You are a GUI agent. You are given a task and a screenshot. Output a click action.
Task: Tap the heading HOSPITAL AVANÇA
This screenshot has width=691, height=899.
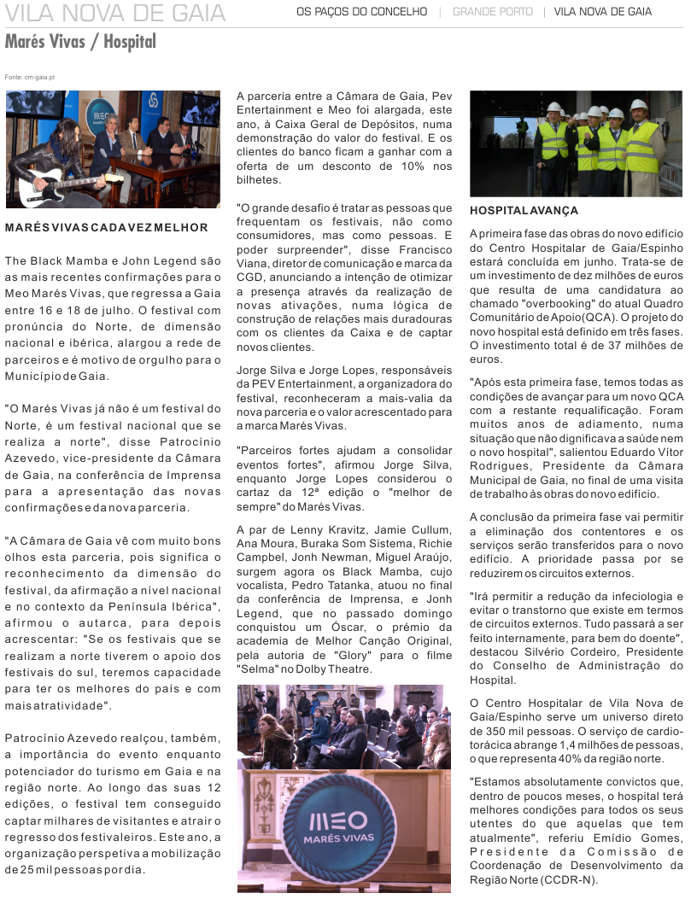tap(524, 210)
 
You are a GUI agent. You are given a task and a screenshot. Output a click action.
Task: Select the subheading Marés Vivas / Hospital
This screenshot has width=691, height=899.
tap(80, 41)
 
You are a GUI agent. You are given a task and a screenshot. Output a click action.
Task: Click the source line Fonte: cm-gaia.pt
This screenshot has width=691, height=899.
tap(30, 77)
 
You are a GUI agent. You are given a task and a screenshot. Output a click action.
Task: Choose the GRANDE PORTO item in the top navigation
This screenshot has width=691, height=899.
tap(492, 12)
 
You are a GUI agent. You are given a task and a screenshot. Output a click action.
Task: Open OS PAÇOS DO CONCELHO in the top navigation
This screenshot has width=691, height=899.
tap(361, 12)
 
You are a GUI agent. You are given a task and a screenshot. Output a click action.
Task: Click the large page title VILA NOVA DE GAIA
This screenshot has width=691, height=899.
tap(115, 13)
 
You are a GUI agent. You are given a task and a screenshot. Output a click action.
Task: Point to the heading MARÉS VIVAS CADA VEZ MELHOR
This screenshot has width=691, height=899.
tap(107, 228)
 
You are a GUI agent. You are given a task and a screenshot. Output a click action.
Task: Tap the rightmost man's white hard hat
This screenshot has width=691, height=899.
tap(638, 104)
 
